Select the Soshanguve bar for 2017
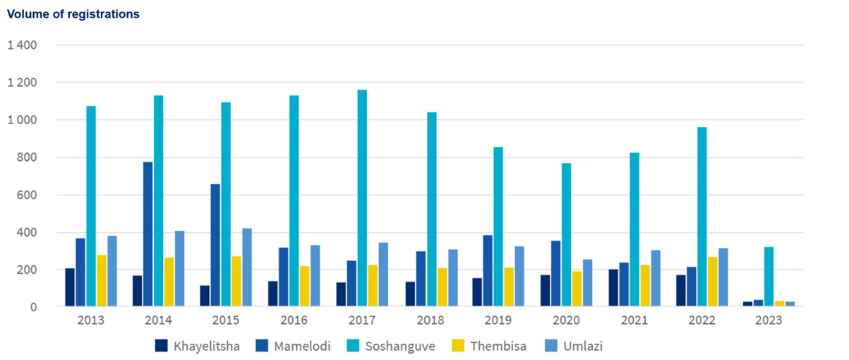[x=362, y=198]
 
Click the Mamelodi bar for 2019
[x=488, y=271]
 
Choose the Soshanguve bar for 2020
[x=566, y=235]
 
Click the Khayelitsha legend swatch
[x=162, y=346]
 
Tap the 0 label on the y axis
[x=33, y=307]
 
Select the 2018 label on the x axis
[x=430, y=320]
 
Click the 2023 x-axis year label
[x=769, y=320]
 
